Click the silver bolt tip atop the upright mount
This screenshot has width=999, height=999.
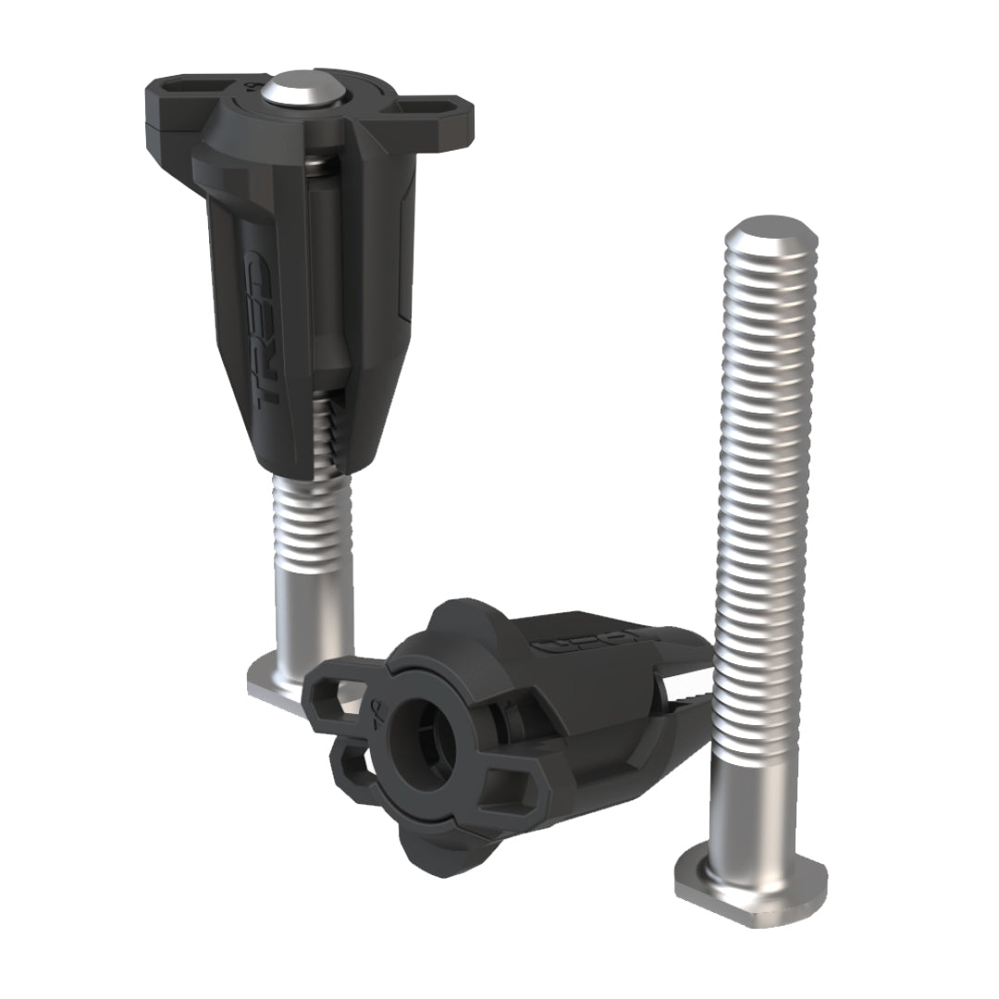(x=294, y=92)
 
